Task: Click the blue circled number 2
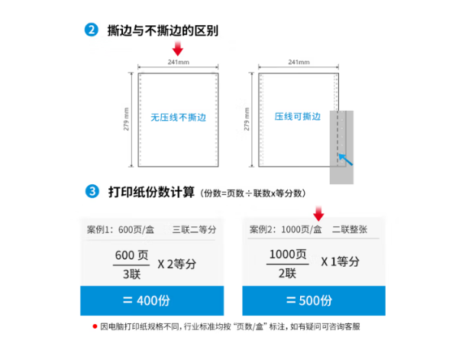coord(92,30)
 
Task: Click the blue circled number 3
coord(92,191)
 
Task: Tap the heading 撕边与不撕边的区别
coord(163,31)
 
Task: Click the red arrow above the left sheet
coord(177,48)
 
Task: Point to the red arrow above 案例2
coord(318,213)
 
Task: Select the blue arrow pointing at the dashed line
coord(346,159)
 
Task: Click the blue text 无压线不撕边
coord(178,117)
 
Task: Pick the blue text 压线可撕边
coord(298,116)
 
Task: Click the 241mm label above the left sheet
coord(179,62)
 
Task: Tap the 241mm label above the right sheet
coord(299,62)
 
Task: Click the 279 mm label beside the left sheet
coord(126,119)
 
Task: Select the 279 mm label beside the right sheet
coord(247,119)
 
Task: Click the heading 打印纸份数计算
coord(151,192)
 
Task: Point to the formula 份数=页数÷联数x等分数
coord(253,193)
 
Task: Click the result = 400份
coord(147,300)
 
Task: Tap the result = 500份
coord(309,300)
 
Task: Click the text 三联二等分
coord(194,229)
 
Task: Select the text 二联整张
coord(350,229)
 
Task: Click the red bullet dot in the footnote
coord(95,326)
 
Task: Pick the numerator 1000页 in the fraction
coord(288,255)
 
